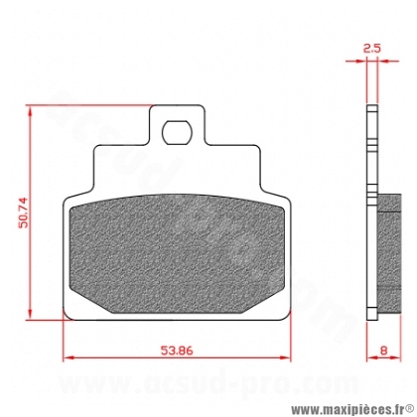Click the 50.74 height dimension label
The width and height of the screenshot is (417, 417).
[x=24, y=212]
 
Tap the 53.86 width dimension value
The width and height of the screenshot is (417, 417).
[x=177, y=350]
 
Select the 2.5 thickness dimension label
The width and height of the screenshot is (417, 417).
[x=372, y=48]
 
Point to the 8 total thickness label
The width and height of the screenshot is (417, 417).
[x=383, y=350]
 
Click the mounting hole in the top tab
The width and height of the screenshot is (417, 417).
[x=177, y=132]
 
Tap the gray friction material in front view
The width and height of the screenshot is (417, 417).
[x=177, y=253]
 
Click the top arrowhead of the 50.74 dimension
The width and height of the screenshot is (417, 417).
[x=30, y=111]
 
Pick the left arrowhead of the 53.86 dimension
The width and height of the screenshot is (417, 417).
[x=68, y=357]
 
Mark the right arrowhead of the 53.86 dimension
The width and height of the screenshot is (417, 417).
[x=286, y=357]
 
